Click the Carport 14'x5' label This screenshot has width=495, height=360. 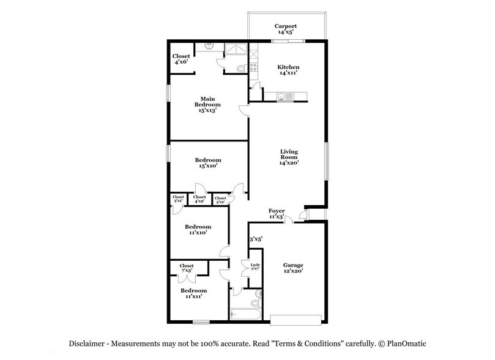(286, 29)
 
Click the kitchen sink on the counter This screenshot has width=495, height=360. (282, 96)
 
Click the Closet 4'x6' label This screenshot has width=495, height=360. (181, 59)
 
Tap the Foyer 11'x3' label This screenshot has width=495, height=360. (277, 214)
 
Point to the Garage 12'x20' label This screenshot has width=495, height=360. (292, 268)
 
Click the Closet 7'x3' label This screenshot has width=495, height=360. (187, 268)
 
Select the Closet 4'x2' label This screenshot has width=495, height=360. (199, 198)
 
